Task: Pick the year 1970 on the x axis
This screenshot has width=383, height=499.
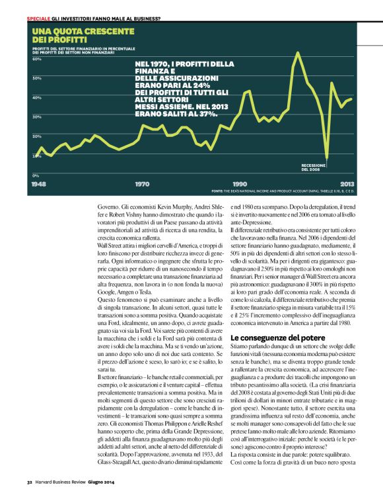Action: coord(142,183)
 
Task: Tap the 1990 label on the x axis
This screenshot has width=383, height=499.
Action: coord(240,183)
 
